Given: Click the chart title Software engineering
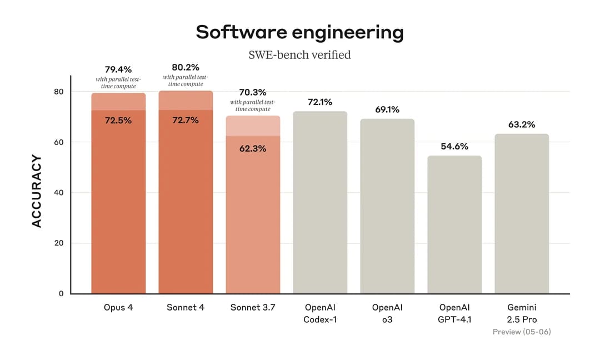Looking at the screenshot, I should pyautogui.click(x=299, y=32).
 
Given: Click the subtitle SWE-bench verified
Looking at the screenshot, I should pyautogui.click(x=299, y=54).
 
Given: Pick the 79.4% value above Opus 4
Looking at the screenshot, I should pyautogui.click(x=118, y=69).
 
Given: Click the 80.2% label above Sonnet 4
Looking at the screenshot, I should pyautogui.click(x=186, y=67).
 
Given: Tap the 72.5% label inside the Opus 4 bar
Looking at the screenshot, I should pyautogui.click(x=118, y=120).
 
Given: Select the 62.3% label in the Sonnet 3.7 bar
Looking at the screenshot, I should pyautogui.click(x=253, y=148).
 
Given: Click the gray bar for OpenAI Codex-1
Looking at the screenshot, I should pyautogui.click(x=320, y=206).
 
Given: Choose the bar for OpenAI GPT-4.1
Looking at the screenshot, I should pyautogui.click(x=454, y=228).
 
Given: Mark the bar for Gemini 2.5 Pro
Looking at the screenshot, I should pyautogui.click(x=522, y=217).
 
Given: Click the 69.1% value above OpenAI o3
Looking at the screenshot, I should pyautogui.click(x=387, y=109).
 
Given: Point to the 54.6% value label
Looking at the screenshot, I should pyautogui.click(x=454, y=146).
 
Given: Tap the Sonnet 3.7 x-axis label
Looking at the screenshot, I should pyautogui.click(x=253, y=307).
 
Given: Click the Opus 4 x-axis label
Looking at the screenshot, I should pyautogui.click(x=118, y=307).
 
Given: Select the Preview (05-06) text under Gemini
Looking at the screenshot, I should pyautogui.click(x=522, y=332).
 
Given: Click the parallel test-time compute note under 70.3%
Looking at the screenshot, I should pyautogui.click(x=253, y=106).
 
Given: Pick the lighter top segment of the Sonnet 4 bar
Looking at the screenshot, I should pyautogui.click(x=186, y=101).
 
